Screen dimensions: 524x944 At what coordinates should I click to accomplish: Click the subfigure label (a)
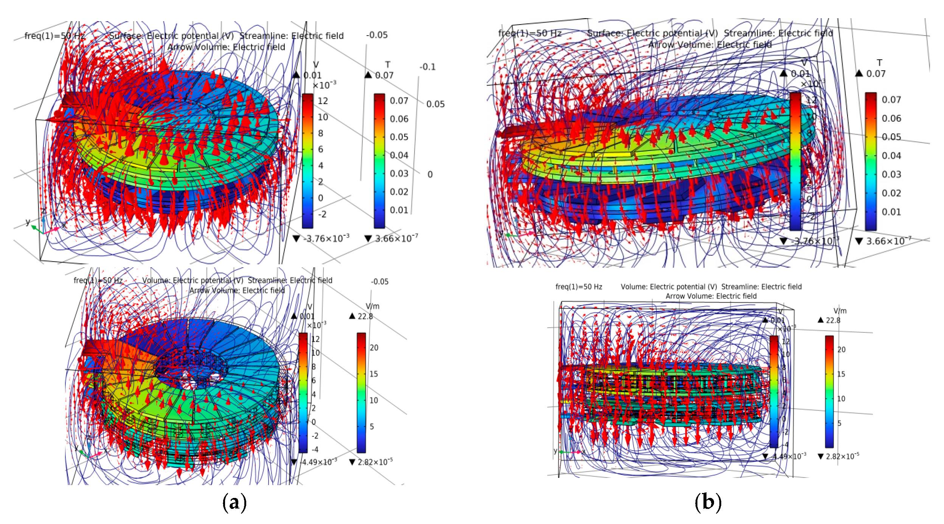pyautogui.click(x=234, y=502)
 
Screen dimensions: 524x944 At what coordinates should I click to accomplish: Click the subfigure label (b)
pyautogui.click(x=708, y=502)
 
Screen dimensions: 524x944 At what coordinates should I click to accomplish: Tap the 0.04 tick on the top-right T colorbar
pyautogui.click(x=891, y=155)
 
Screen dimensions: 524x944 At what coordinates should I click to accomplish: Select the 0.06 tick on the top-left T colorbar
pyautogui.click(x=399, y=119)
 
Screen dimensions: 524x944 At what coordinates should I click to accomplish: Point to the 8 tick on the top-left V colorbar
pyautogui.click(x=321, y=133)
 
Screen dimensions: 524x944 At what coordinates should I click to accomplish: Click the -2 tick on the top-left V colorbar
pyautogui.click(x=322, y=214)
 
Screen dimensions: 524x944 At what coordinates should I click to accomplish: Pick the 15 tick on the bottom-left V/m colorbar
pyautogui.click(x=374, y=374)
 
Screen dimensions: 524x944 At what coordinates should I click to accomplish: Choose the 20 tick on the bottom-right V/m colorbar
pyautogui.click(x=842, y=349)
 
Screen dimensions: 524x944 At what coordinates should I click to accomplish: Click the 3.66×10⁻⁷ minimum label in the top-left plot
pyautogui.click(x=396, y=239)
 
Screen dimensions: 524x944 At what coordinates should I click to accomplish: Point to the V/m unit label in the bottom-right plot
pyautogui.click(x=840, y=311)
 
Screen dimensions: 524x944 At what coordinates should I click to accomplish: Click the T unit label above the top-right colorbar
pyautogui.click(x=880, y=63)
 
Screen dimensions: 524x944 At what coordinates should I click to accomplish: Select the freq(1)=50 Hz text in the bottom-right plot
pyautogui.click(x=579, y=287)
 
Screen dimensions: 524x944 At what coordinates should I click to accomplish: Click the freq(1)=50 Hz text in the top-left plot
pyautogui.click(x=55, y=36)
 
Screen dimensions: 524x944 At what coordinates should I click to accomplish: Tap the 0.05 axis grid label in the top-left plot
pyautogui.click(x=435, y=104)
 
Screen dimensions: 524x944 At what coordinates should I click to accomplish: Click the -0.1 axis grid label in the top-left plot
pyautogui.click(x=427, y=67)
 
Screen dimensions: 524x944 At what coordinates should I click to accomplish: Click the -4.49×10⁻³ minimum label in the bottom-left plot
pyautogui.click(x=318, y=462)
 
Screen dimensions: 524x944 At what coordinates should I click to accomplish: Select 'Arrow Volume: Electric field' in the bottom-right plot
pyautogui.click(x=711, y=296)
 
